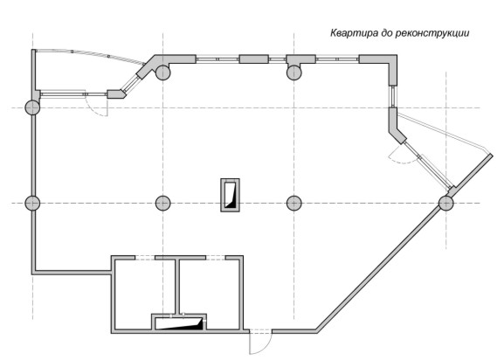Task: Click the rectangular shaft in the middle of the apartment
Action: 230,195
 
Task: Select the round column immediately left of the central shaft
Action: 163,203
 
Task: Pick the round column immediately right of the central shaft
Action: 293,203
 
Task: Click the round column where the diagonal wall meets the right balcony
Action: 446,203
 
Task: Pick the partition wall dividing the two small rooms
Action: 177,286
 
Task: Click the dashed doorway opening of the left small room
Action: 145,258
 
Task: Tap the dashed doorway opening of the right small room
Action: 216,258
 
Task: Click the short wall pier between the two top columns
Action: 253,59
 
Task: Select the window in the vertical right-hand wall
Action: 393,96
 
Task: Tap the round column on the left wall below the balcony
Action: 32,107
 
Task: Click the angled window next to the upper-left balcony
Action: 130,83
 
